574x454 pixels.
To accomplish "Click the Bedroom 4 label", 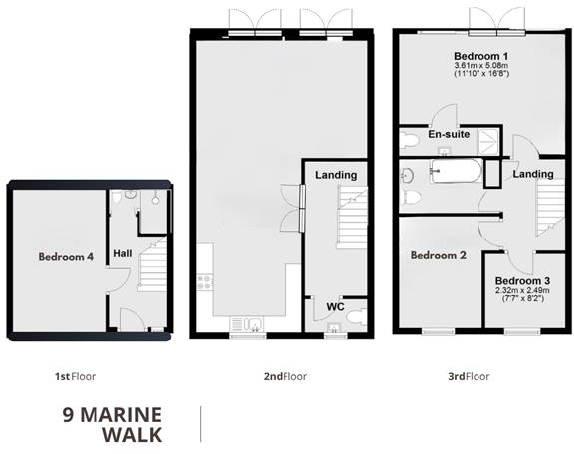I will tap(66, 256).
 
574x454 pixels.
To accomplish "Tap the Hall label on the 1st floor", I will tap(122, 255).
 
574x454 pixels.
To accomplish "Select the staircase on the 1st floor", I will tap(152, 267).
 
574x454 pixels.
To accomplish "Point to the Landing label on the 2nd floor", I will tap(336, 176).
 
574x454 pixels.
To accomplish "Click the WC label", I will tap(335, 307).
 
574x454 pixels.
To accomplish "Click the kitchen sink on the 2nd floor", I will tap(244, 323).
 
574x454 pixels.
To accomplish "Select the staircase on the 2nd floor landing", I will tap(351, 219).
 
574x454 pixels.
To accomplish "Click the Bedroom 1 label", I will tap(481, 55).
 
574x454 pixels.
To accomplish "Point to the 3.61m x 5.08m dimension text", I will tap(481, 65).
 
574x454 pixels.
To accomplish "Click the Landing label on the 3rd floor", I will tap(533, 175).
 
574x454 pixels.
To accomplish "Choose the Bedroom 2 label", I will tap(439, 256).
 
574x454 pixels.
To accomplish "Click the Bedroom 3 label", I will tap(521, 281).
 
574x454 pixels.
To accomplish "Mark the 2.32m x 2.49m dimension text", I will tap(521, 290).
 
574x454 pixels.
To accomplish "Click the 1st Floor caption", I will tap(75, 377).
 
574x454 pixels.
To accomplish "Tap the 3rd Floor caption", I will tap(467, 377).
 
